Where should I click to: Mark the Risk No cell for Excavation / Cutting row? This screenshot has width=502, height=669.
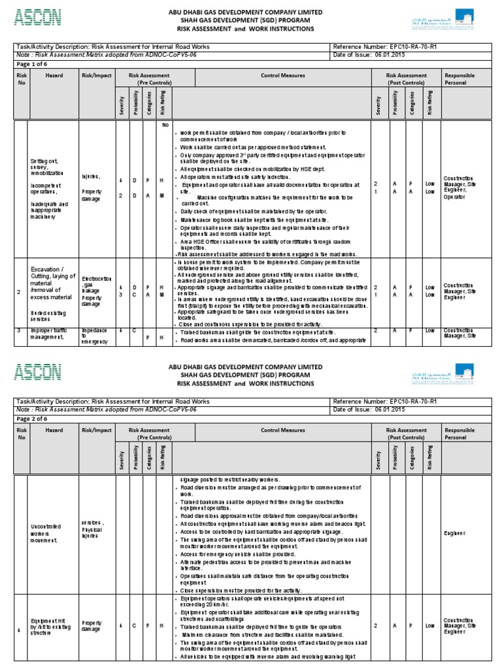[x=20, y=292]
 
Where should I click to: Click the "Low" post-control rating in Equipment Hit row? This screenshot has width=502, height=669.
[x=429, y=625]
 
